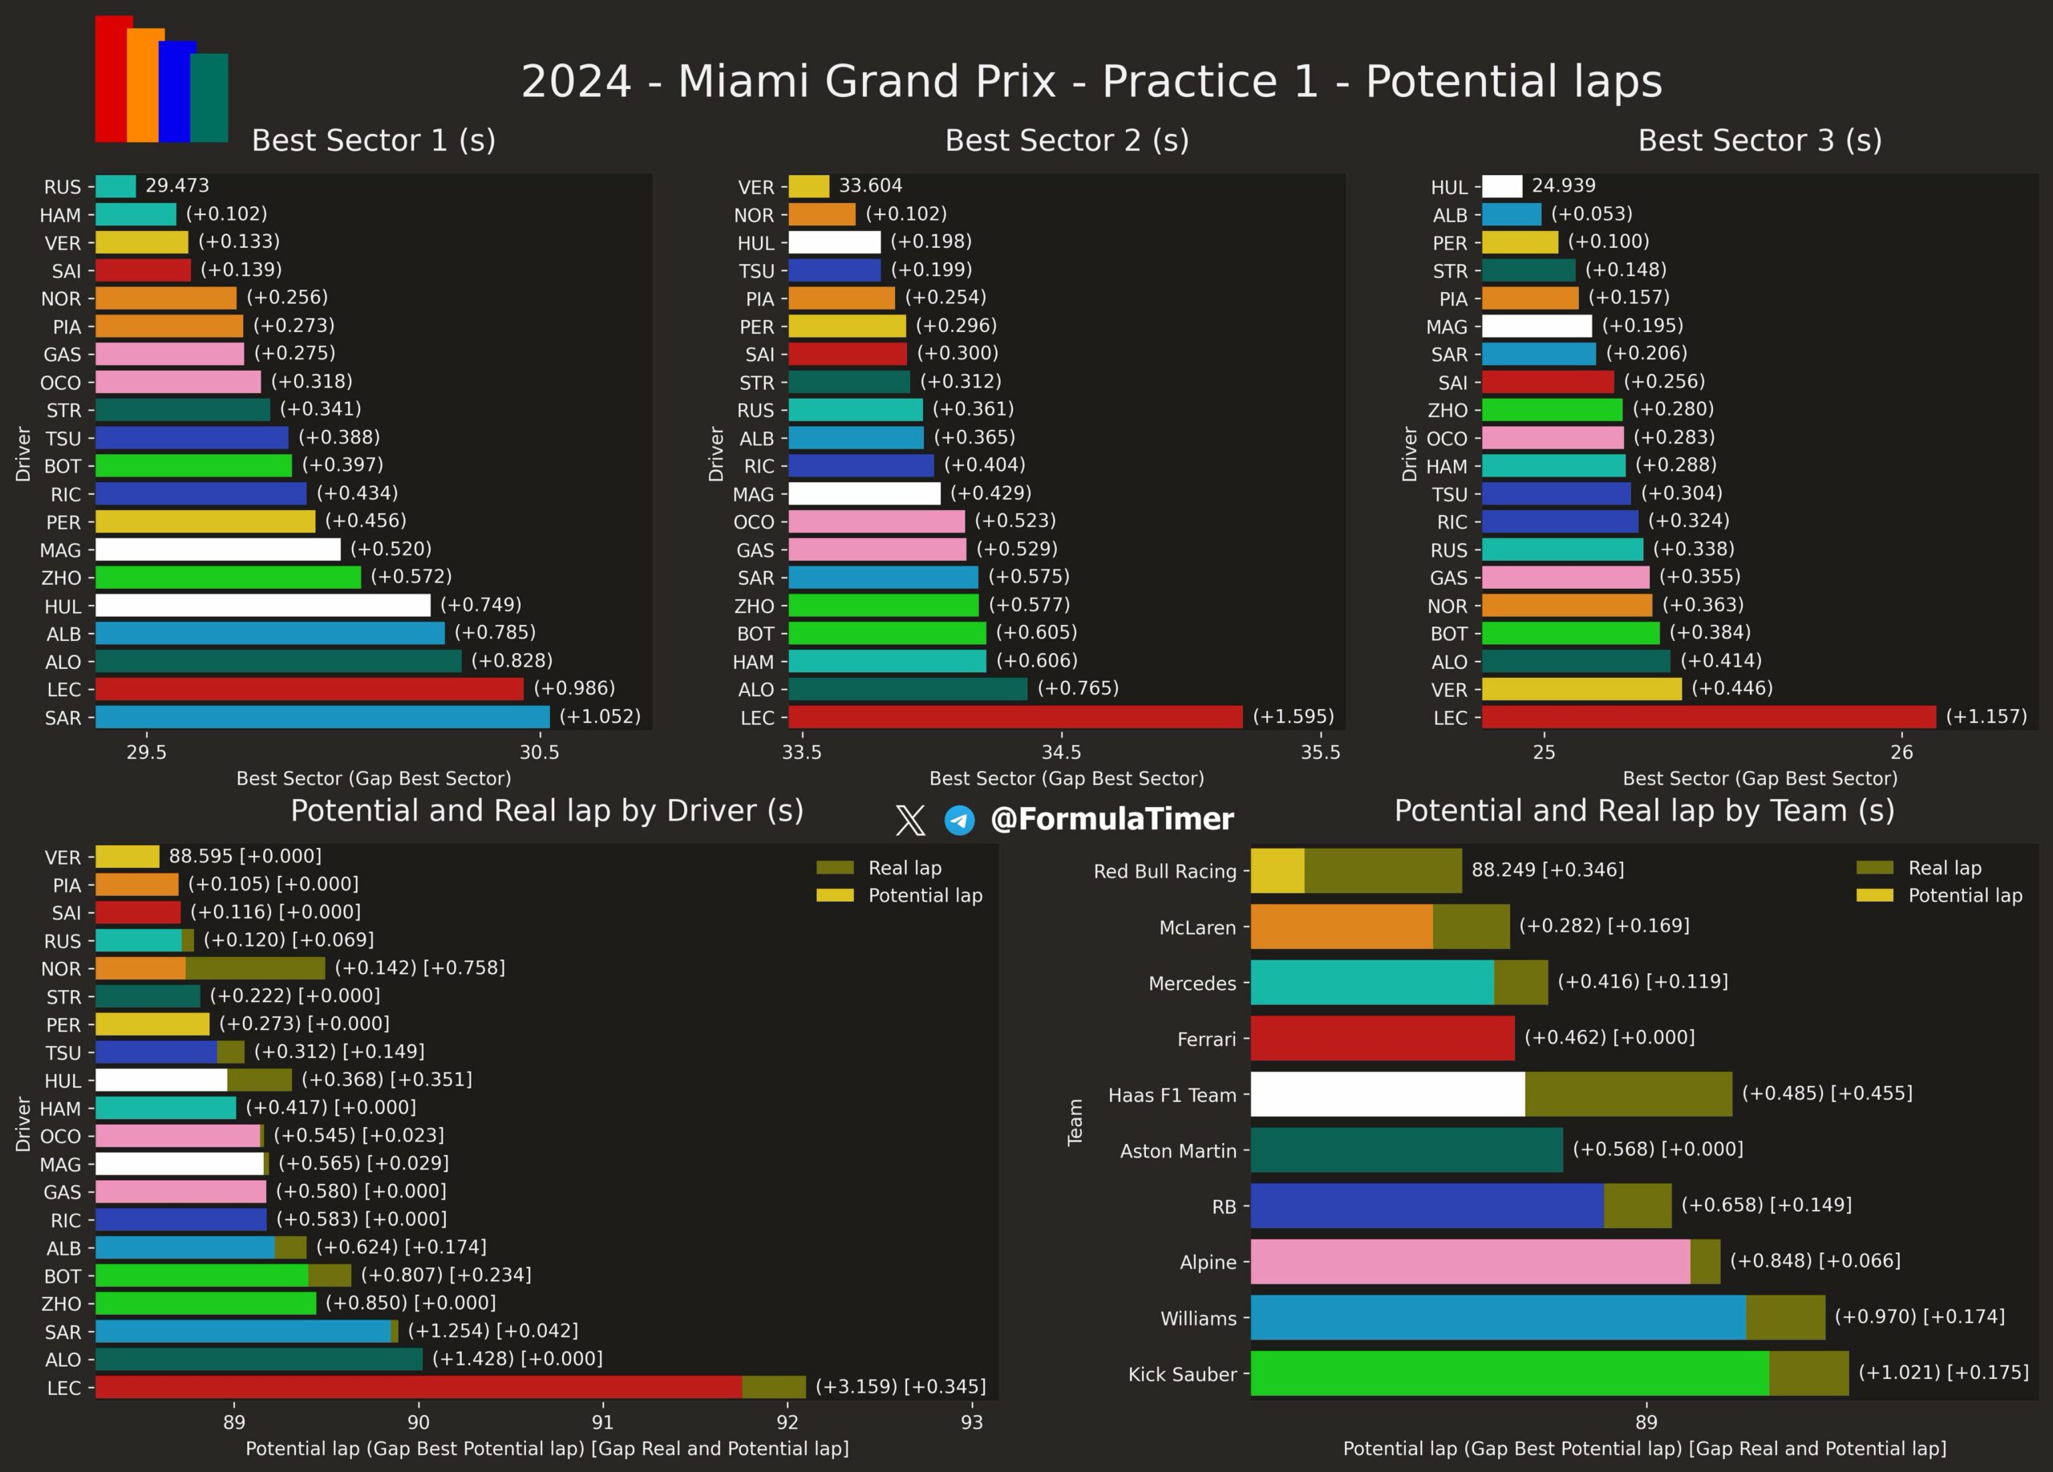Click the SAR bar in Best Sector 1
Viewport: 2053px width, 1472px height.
tap(322, 717)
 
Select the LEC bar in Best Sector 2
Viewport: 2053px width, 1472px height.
tap(1014, 717)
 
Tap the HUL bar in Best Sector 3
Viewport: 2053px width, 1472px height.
tap(1502, 186)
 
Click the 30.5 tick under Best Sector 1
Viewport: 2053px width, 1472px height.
tap(540, 752)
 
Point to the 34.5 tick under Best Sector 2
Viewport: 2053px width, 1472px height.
tap(1061, 752)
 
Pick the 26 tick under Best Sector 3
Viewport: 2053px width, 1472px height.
tap(1901, 752)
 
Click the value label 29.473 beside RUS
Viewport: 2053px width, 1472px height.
tap(177, 185)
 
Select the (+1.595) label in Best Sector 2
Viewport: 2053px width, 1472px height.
tap(1293, 717)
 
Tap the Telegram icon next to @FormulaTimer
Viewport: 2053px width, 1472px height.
tap(959, 820)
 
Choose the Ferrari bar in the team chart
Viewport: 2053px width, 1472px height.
tap(1383, 1037)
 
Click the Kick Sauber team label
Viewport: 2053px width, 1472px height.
tap(1181, 1374)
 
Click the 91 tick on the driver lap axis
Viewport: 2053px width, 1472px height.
tap(603, 1422)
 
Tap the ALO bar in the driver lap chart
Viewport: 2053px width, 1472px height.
tap(259, 1359)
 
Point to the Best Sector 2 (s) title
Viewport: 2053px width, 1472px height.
tap(1067, 140)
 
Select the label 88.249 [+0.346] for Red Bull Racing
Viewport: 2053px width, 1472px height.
tap(1547, 870)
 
